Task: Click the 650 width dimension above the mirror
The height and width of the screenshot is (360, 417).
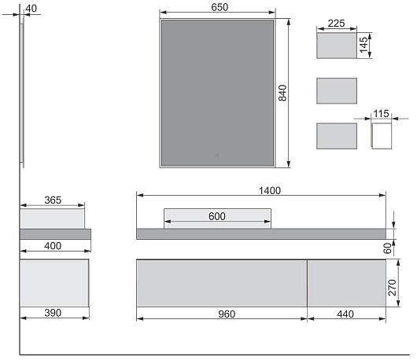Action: (220, 7)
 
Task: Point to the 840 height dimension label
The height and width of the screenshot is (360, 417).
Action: (282, 93)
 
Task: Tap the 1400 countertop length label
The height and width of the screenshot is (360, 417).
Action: (270, 190)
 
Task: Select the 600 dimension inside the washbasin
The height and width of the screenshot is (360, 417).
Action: (216, 216)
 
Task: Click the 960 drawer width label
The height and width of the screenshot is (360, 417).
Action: (227, 314)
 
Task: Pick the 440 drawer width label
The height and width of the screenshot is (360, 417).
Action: (345, 314)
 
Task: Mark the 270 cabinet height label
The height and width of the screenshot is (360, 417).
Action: (393, 288)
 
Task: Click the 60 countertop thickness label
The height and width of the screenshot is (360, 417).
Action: (388, 248)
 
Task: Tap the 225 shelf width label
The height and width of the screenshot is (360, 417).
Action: (336, 24)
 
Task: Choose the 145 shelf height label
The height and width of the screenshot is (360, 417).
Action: (363, 45)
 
